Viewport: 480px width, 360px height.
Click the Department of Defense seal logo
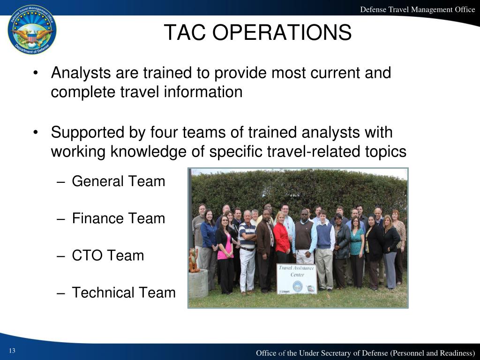coord(32,30)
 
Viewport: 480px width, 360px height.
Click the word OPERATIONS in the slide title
coord(285,32)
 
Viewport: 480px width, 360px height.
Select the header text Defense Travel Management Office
coord(417,9)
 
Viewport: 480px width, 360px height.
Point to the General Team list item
coord(118,181)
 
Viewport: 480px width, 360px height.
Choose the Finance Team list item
coord(118,218)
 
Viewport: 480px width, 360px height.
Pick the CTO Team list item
coord(108,255)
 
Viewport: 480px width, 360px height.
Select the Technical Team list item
coord(123,292)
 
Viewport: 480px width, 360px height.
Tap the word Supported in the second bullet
coord(86,133)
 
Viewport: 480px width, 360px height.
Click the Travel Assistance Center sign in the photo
coord(296,278)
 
